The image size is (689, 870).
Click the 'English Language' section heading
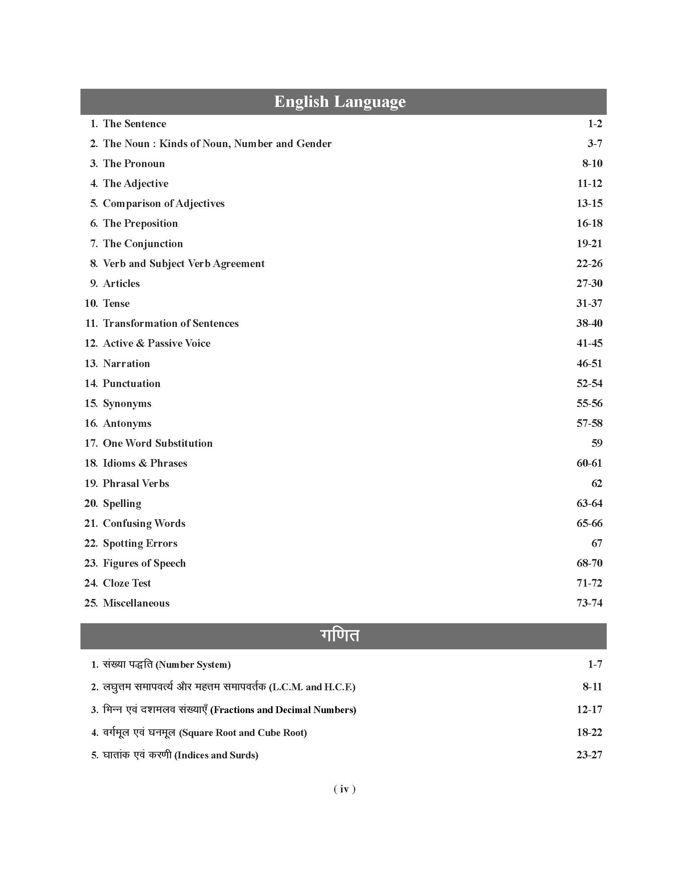click(x=340, y=102)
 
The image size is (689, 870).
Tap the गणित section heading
click(x=340, y=635)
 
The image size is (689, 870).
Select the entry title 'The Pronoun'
click(x=134, y=163)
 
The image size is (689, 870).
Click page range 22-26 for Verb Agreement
click(x=589, y=263)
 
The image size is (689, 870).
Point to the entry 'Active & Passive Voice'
click(x=157, y=343)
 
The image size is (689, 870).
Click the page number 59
click(x=597, y=443)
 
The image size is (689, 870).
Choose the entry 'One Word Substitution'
click(x=158, y=443)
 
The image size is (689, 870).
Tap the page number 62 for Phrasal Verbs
click(x=597, y=483)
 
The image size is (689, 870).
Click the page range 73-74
click(x=589, y=603)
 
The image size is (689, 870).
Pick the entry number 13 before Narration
click(x=91, y=363)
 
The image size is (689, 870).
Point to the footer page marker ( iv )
click(x=344, y=789)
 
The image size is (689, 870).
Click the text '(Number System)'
click(x=193, y=665)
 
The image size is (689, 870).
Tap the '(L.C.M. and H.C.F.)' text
click(x=312, y=687)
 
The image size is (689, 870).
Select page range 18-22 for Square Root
click(x=589, y=732)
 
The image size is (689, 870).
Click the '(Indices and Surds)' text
click(x=216, y=755)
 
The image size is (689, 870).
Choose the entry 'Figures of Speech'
click(x=144, y=563)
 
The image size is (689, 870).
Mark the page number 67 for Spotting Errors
click(x=597, y=543)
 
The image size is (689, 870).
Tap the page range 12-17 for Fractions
click(x=589, y=709)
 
